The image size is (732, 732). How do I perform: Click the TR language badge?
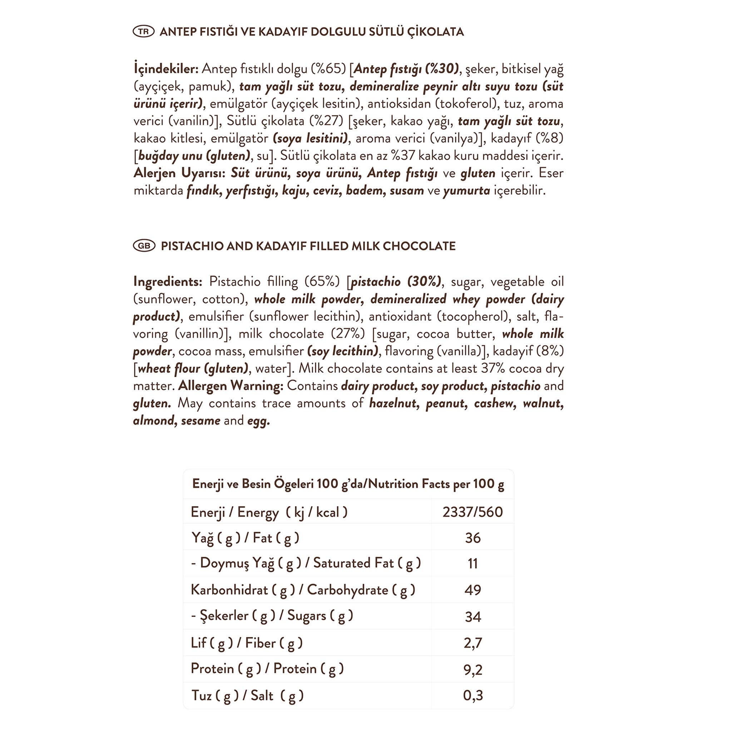point(144,31)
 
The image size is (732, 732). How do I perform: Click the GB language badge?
point(144,246)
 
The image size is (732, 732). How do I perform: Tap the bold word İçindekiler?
point(166,69)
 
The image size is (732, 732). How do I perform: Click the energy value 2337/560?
point(473,512)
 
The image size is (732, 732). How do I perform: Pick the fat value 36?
point(473,538)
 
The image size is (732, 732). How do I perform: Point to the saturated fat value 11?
point(473,563)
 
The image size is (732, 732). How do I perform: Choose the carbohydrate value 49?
point(473,590)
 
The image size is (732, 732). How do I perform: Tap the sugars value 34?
point(473,617)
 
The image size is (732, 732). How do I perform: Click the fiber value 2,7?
point(473,643)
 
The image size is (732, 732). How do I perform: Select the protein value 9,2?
point(473,669)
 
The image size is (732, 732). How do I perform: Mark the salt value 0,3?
point(473,695)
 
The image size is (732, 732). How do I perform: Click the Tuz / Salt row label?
point(247,695)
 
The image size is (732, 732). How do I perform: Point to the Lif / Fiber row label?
point(247,643)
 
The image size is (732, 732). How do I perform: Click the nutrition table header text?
point(348,484)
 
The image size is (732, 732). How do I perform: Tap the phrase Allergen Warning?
point(231,386)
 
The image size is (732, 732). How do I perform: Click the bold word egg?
point(258,421)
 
